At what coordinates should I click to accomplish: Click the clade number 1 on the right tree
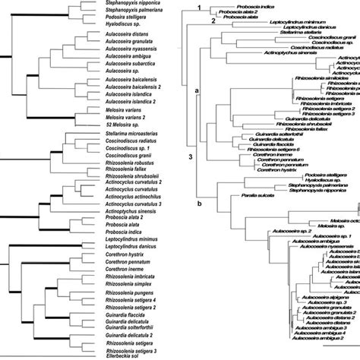click(x=198, y=7)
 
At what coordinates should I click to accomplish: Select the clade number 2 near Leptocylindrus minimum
click(x=214, y=21)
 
